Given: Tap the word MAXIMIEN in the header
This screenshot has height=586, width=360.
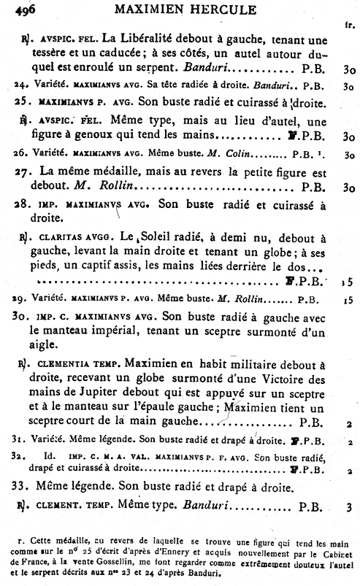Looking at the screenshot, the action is (x=152, y=9).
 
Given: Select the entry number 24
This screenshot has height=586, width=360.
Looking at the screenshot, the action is (x=20, y=85).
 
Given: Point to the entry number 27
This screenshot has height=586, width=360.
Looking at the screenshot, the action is (x=21, y=171).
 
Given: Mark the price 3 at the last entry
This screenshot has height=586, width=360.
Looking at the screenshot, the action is (x=350, y=506).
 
